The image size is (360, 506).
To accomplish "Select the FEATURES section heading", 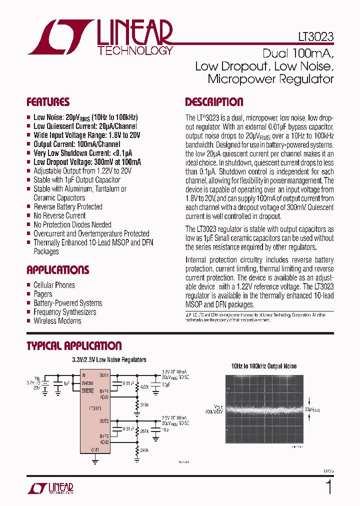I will pos(48,102).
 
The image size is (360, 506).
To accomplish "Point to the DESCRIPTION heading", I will pos(214,102).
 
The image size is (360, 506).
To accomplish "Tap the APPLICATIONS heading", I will pos(57,270).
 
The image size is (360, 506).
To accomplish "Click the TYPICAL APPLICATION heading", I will pos(74,345).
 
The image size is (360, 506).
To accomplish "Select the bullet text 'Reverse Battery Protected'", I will pos(67,206).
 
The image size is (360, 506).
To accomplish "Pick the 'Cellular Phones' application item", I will pos(54,285).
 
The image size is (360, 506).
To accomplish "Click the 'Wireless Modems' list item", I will pos(57,320).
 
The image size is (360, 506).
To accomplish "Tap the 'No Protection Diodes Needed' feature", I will pos(72,224).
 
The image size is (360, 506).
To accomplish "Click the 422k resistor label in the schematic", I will pos(144,386).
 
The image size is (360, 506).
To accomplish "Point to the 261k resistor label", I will pos(144,431).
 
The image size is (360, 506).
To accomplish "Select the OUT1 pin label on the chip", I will pos(104,375).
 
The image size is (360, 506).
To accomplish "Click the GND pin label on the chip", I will pos(95,449).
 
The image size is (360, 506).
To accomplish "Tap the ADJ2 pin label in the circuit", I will pos(104,442).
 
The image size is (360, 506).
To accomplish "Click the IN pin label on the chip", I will pos(84,375).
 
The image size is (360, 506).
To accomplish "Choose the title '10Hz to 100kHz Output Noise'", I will pos(263,366).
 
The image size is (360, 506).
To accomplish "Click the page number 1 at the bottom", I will pos(328,487).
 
